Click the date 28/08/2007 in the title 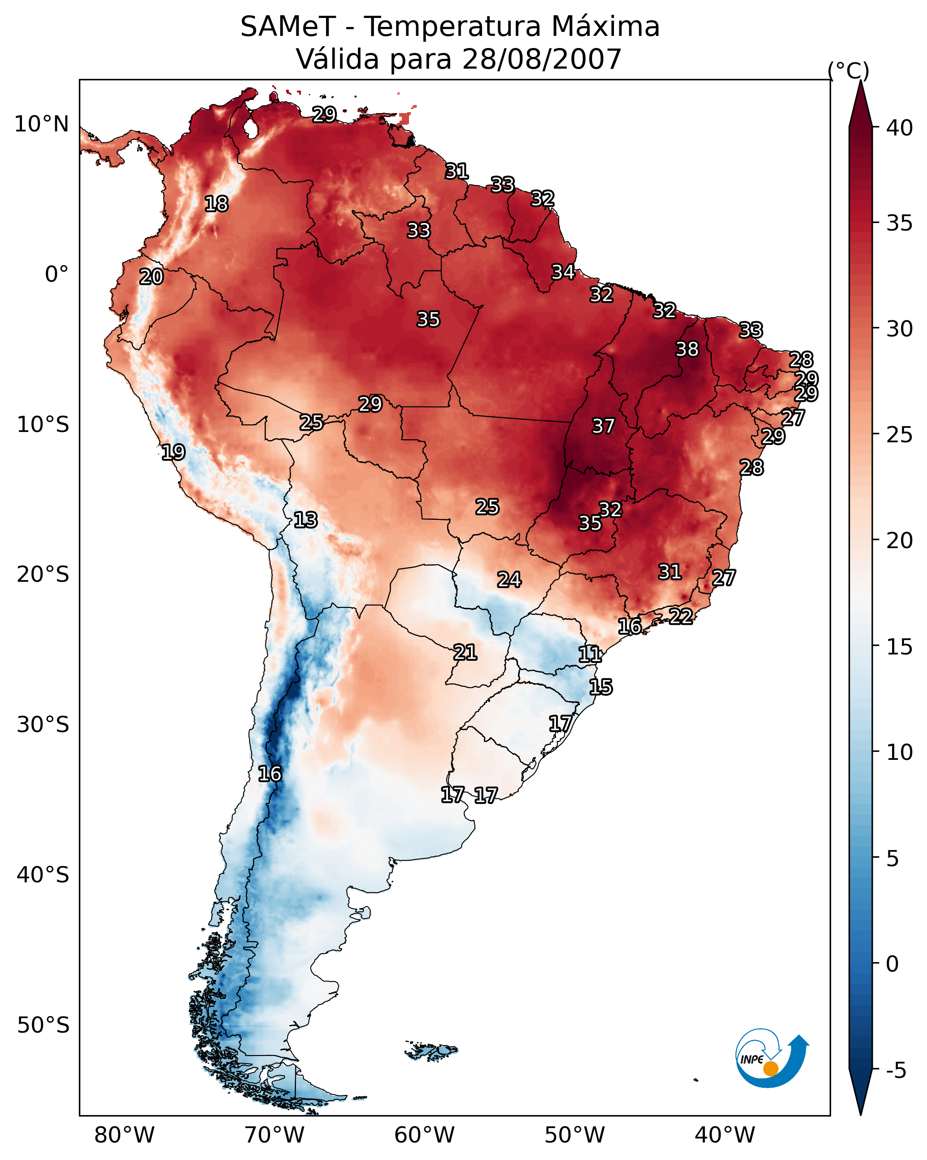tap(541, 59)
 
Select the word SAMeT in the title tap(288, 27)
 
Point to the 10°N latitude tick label tap(41, 124)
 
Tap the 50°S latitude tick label tap(43, 1025)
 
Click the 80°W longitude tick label tap(124, 1135)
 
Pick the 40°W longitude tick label tap(725, 1135)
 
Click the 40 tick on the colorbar tap(900, 128)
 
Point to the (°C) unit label tap(849, 70)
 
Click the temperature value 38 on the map tap(687, 349)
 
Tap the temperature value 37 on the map tap(603, 426)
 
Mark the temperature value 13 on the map tap(305, 520)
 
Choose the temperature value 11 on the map tap(590, 654)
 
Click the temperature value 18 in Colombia tap(216, 204)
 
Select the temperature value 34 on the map tap(563, 272)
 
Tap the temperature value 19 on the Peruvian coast tap(173, 453)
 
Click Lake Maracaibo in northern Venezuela tap(250, 129)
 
